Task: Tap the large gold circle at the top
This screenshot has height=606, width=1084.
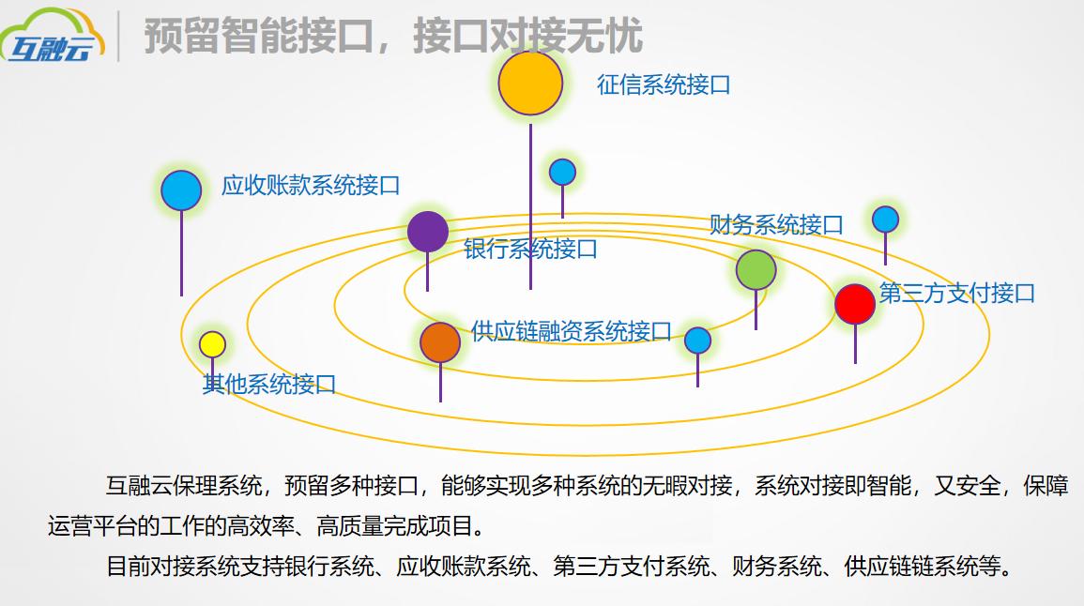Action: click(x=530, y=83)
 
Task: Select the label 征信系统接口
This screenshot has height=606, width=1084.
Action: click(x=664, y=84)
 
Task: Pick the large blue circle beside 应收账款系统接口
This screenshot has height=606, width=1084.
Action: click(x=181, y=190)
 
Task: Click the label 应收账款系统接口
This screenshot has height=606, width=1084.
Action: click(x=311, y=185)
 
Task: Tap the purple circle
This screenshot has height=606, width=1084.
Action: click(x=428, y=232)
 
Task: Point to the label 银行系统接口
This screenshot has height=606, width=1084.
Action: click(x=530, y=250)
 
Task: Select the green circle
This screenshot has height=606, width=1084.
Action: click(x=756, y=270)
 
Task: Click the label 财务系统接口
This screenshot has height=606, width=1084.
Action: click(x=776, y=225)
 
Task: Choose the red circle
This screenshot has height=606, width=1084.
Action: click(x=854, y=304)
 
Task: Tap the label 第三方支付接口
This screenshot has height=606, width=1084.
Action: click(x=956, y=293)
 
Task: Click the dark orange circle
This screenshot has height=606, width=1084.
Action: click(x=440, y=342)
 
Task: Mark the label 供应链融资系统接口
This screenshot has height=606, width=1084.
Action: click(x=572, y=331)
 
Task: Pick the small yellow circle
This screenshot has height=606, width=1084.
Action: click(x=213, y=344)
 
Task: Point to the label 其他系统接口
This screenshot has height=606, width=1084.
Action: click(x=269, y=384)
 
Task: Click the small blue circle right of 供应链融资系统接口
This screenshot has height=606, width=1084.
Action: click(x=697, y=341)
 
